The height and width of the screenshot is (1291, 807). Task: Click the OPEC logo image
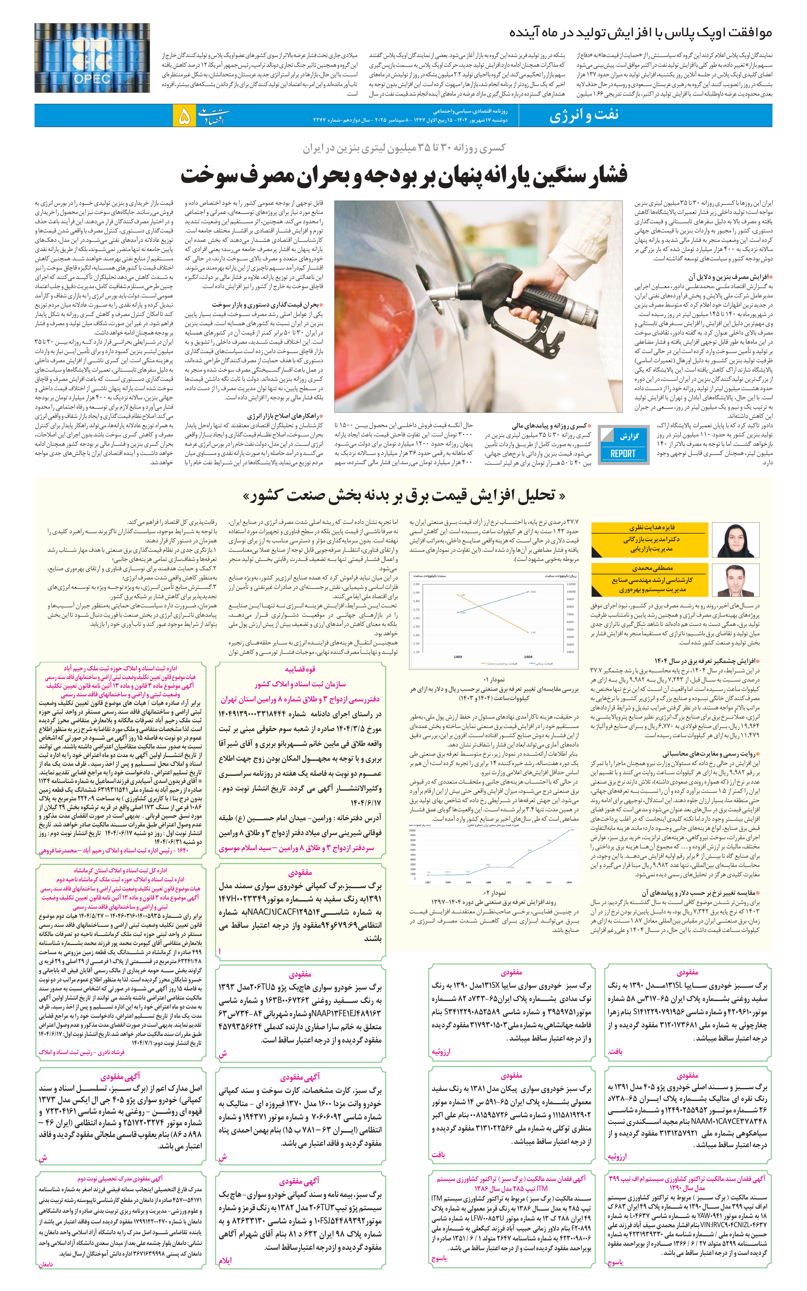[92, 58]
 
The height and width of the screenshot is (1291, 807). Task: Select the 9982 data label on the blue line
[533, 592]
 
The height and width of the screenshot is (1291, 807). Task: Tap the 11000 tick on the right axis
[571, 584]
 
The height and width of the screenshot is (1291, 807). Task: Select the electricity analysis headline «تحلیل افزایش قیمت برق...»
[404, 496]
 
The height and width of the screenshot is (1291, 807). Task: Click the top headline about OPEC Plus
[640, 33]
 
